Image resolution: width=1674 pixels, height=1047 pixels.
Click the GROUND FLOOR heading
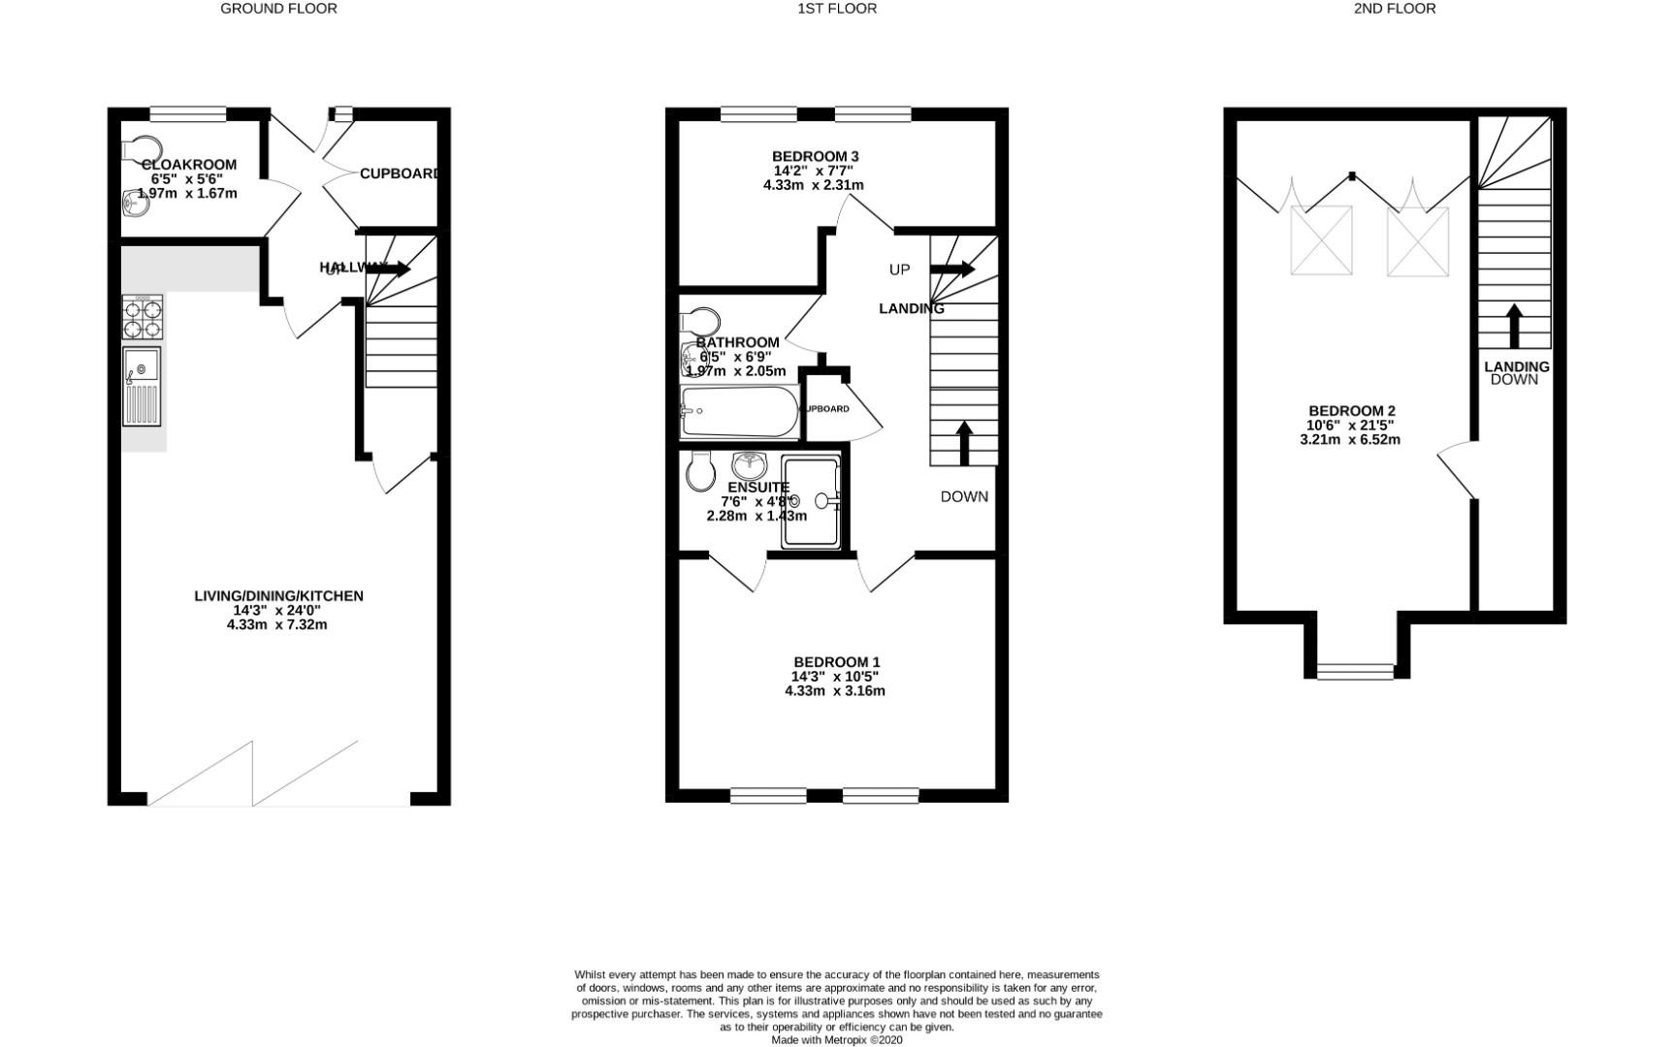pyautogui.click(x=278, y=9)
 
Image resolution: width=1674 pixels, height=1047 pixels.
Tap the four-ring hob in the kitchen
pyautogui.click(x=143, y=317)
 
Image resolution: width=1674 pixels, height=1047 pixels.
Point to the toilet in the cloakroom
pyautogui.click(x=142, y=147)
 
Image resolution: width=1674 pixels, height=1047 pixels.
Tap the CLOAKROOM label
pyautogui.click(x=189, y=165)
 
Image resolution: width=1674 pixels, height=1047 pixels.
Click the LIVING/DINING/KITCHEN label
pyautogui.click(x=278, y=596)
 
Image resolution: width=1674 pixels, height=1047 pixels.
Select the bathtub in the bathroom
pyautogui.click(x=739, y=412)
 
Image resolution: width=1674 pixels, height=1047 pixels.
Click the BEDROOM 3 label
pyautogui.click(x=815, y=156)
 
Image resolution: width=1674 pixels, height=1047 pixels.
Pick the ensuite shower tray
pyautogui.click(x=810, y=501)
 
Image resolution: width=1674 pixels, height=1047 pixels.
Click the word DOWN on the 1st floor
pyautogui.click(x=964, y=496)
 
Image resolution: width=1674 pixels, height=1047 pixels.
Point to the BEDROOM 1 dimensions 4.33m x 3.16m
pyautogui.click(x=834, y=691)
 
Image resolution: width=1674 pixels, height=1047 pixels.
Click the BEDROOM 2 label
pyautogui.click(x=1351, y=411)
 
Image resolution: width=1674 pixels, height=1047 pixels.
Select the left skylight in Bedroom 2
pyautogui.click(x=1321, y=240)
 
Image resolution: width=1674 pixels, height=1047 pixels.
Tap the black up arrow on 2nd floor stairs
pyautogui.click(x=1513, y=326)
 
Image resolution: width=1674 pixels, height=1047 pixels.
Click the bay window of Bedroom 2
pyautogui.click(x=1356, y=669)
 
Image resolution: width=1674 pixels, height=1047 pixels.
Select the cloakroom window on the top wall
pyautogui.click(x=187, y=114)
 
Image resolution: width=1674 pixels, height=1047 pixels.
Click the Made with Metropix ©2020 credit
pyautogui.click(x=836, y=1039)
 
